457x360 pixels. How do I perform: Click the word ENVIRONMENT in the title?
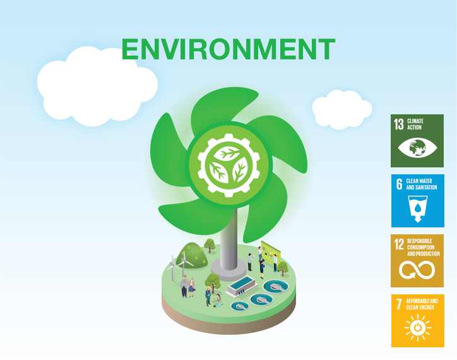point(228,49)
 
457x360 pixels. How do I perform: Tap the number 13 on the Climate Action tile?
point(399,124)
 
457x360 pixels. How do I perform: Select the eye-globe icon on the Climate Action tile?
point(417,148)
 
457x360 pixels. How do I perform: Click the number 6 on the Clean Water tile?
point(399,184)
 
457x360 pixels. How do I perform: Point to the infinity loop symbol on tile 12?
point(417,270)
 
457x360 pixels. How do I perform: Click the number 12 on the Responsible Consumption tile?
point(399,244)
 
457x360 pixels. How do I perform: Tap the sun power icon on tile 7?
point(418,327)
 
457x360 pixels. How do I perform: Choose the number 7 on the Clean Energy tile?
point(399,304)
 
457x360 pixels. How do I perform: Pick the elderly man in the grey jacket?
point(184,286)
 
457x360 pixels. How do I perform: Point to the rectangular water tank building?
point(242,285)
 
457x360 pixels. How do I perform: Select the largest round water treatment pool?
point(276,286)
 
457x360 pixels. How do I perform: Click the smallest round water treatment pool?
point(240,306)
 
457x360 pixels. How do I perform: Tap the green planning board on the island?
point(271,251)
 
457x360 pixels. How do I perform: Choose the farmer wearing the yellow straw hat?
point(208,296)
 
